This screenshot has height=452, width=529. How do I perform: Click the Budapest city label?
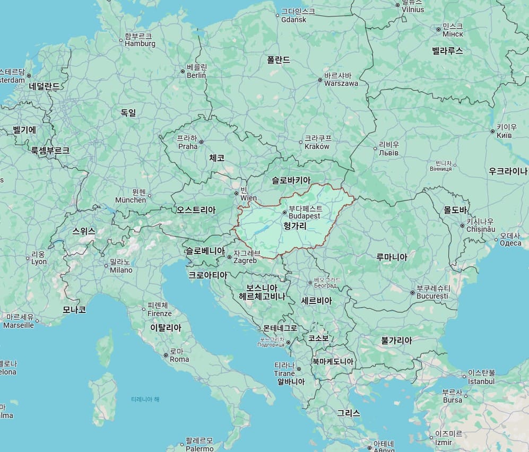click(305, 213)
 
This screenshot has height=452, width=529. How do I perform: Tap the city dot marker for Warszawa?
click(320, 81)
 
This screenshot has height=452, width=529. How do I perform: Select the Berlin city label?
click(196, 71)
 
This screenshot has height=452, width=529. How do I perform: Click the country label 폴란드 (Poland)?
click(279, 60)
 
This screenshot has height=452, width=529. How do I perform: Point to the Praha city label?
click(187, 142)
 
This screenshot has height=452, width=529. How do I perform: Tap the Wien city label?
click(248, 194)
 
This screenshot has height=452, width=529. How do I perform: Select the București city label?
click(432, 292)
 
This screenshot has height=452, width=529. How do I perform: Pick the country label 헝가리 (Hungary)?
click(296, 226)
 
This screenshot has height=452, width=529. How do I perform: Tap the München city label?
click(131, 196)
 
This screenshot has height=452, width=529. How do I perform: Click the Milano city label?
click(120, 266)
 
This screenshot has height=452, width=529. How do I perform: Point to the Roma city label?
click(179, 355)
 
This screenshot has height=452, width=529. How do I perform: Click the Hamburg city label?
click(140, 40)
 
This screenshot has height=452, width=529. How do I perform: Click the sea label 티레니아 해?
click(145, 399)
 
